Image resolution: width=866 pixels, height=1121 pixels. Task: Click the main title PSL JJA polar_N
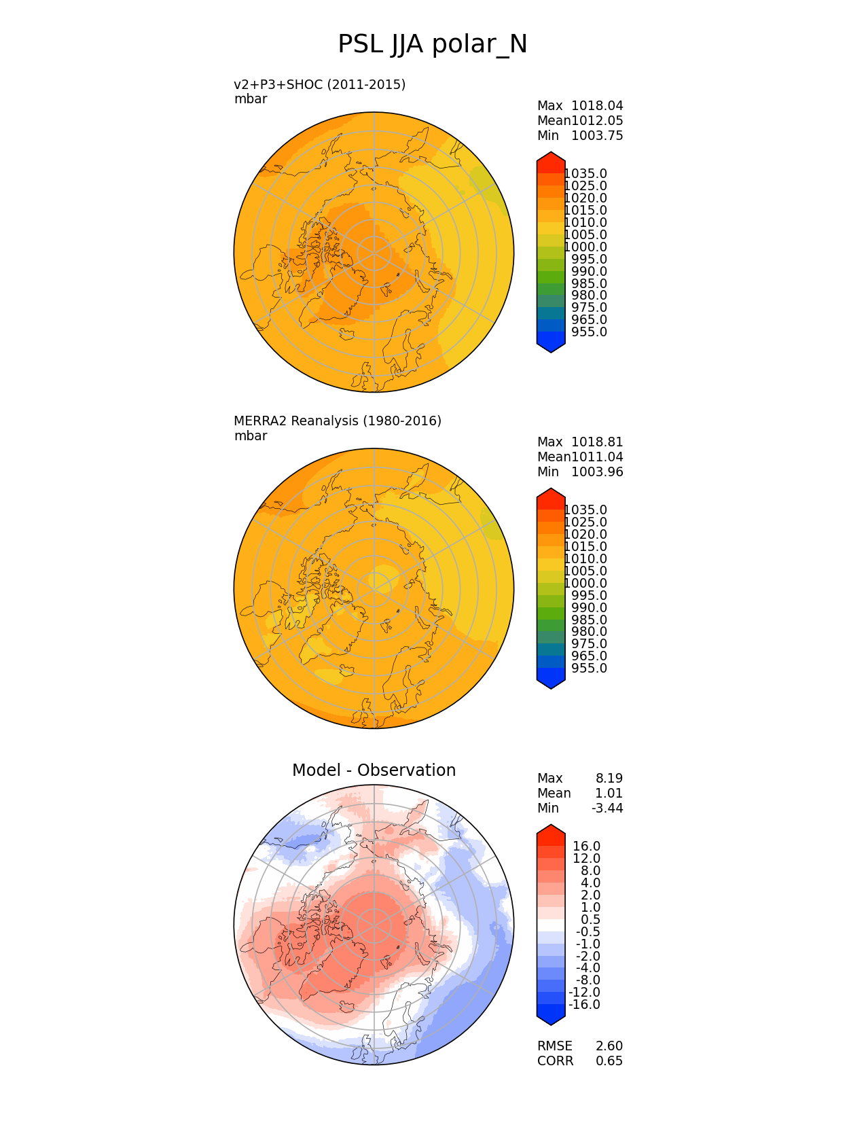click(x=433, y=45)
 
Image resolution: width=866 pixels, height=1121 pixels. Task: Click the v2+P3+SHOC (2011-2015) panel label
click(x=319, y=84)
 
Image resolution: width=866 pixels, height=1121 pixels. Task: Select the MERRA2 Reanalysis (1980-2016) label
click(x=338, y=421)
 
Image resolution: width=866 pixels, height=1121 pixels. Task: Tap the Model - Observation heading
click(x=374, y=770)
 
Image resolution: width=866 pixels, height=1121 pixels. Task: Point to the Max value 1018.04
click(x=597, y=106)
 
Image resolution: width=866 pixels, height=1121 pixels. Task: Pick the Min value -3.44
click(x=607, y=808)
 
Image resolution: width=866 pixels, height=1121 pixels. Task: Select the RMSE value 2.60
click(x=609, y=1046)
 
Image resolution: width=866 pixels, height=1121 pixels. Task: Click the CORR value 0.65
click(x=609, y=1061)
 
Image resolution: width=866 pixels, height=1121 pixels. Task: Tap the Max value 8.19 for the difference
click(x=609, y=779)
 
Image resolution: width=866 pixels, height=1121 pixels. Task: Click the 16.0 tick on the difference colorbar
click(x=587, y=847)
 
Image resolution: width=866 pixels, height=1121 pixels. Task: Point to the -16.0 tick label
click(x=584, y=1005)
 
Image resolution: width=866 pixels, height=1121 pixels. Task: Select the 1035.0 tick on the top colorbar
click(x=585, y=174)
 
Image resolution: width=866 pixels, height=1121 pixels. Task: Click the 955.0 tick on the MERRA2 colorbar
click(x=589, y=669)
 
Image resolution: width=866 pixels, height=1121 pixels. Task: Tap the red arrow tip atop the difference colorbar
click(x=551, y=830)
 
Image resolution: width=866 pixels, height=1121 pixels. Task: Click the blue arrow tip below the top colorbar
click(x=551, y=348)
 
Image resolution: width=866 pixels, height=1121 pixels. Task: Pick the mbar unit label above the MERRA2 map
click(x=251, y=436)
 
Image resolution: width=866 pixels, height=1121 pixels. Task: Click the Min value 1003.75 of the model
click(x=597, y=136)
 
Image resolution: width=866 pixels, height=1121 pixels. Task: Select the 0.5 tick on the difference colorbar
click(x=590, y=920)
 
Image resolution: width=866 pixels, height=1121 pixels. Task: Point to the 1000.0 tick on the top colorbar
click(x=585, y=247)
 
